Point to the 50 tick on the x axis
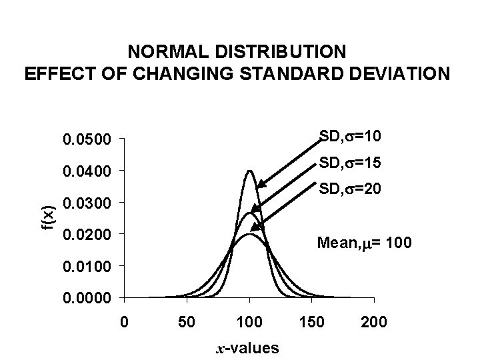point(187,323)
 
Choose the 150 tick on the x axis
point(312,323)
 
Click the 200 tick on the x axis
point(375,323)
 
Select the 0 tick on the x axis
point(124,323)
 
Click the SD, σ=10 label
point(350,137)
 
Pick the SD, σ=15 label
point(350,163)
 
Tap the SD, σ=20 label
point(350,190)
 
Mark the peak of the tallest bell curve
point(250,171)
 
